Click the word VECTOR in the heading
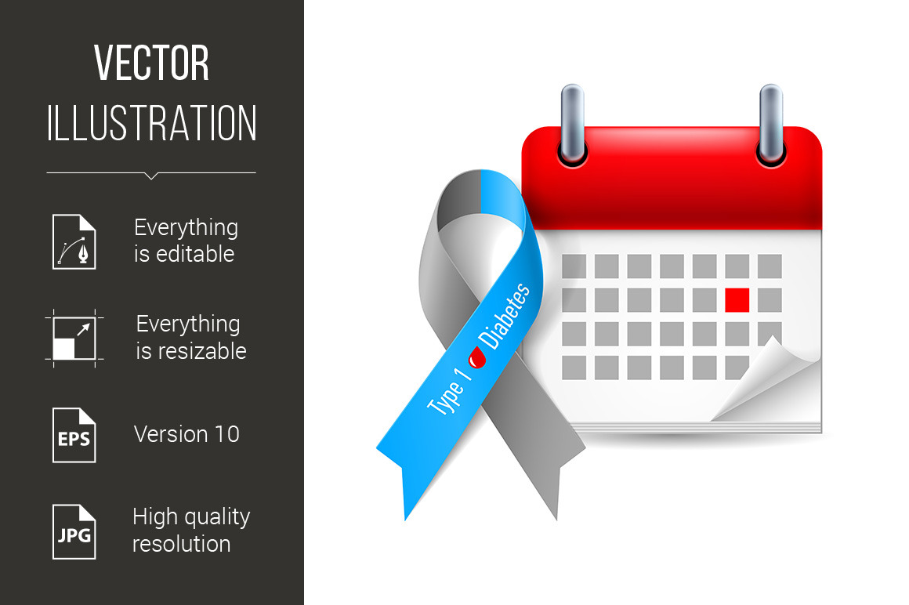click(151, 63)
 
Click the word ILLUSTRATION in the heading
click(151, 123)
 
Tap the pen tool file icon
click(74, 241)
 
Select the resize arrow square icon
click(74, 339)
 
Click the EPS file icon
click(74, 435)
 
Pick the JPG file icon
click(74, 532)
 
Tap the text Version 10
click(187, 434)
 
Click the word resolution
click(182, 544)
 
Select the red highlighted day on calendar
click(737, 300)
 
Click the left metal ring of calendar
click(572, 125)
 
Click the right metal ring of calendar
click(771, 125)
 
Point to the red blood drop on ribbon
click(477, 357)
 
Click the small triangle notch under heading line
click(151, 176)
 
